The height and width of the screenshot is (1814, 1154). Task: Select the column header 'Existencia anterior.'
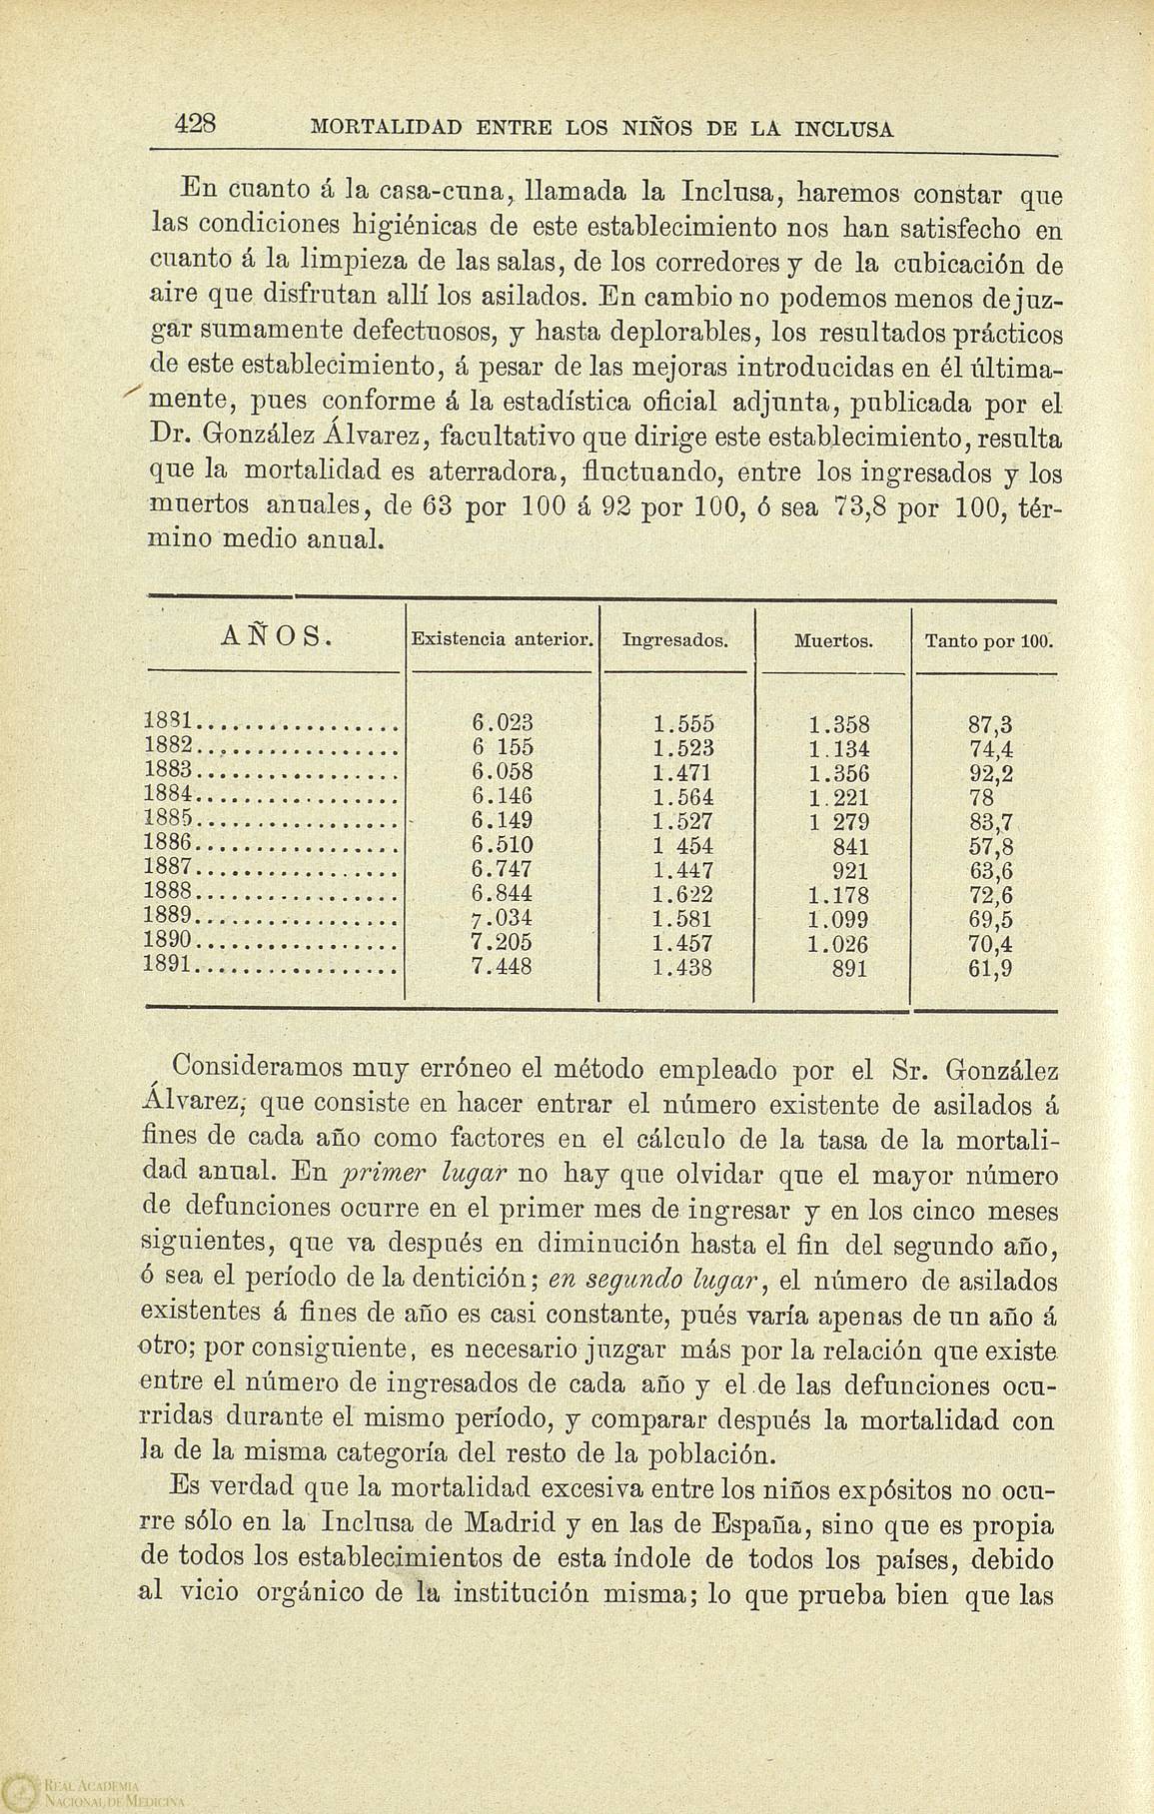point(503,637)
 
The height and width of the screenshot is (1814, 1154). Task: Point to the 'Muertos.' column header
point(833,638)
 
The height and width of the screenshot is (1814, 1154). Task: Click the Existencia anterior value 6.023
point(502,722)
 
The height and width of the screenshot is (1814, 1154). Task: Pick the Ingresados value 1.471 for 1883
point(682,771)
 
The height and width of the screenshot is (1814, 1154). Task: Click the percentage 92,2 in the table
point(991,772)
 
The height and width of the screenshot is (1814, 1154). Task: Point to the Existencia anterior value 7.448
point(502,966)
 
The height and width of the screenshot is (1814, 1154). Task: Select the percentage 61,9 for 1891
point(991,967)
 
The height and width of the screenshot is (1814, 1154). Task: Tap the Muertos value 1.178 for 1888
point(837,894)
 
